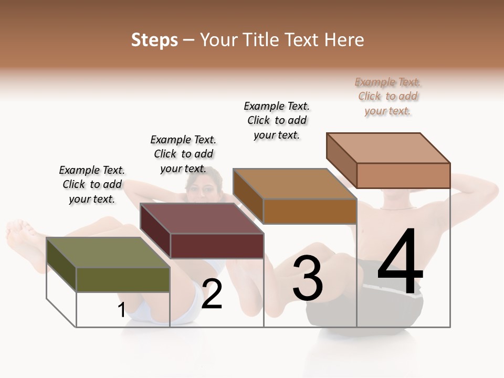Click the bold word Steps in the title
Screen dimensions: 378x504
pos(154,40)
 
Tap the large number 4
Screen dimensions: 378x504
pos(400,262)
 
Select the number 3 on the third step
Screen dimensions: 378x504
pos(307,278)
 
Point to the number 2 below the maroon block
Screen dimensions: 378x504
pos(212,295)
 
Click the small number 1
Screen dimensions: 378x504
pos(121,310)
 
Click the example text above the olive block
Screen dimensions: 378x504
pos(92,184)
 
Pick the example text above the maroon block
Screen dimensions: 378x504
pos(183,154)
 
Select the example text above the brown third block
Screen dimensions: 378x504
pos(277,120)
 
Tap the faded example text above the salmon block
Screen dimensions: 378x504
pos(388,96)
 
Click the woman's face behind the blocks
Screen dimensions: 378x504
pos(198,189)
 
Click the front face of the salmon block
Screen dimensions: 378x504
pos(403,175)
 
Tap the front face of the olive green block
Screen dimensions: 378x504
pos(123,280)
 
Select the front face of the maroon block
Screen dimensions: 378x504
pos(217,246)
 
